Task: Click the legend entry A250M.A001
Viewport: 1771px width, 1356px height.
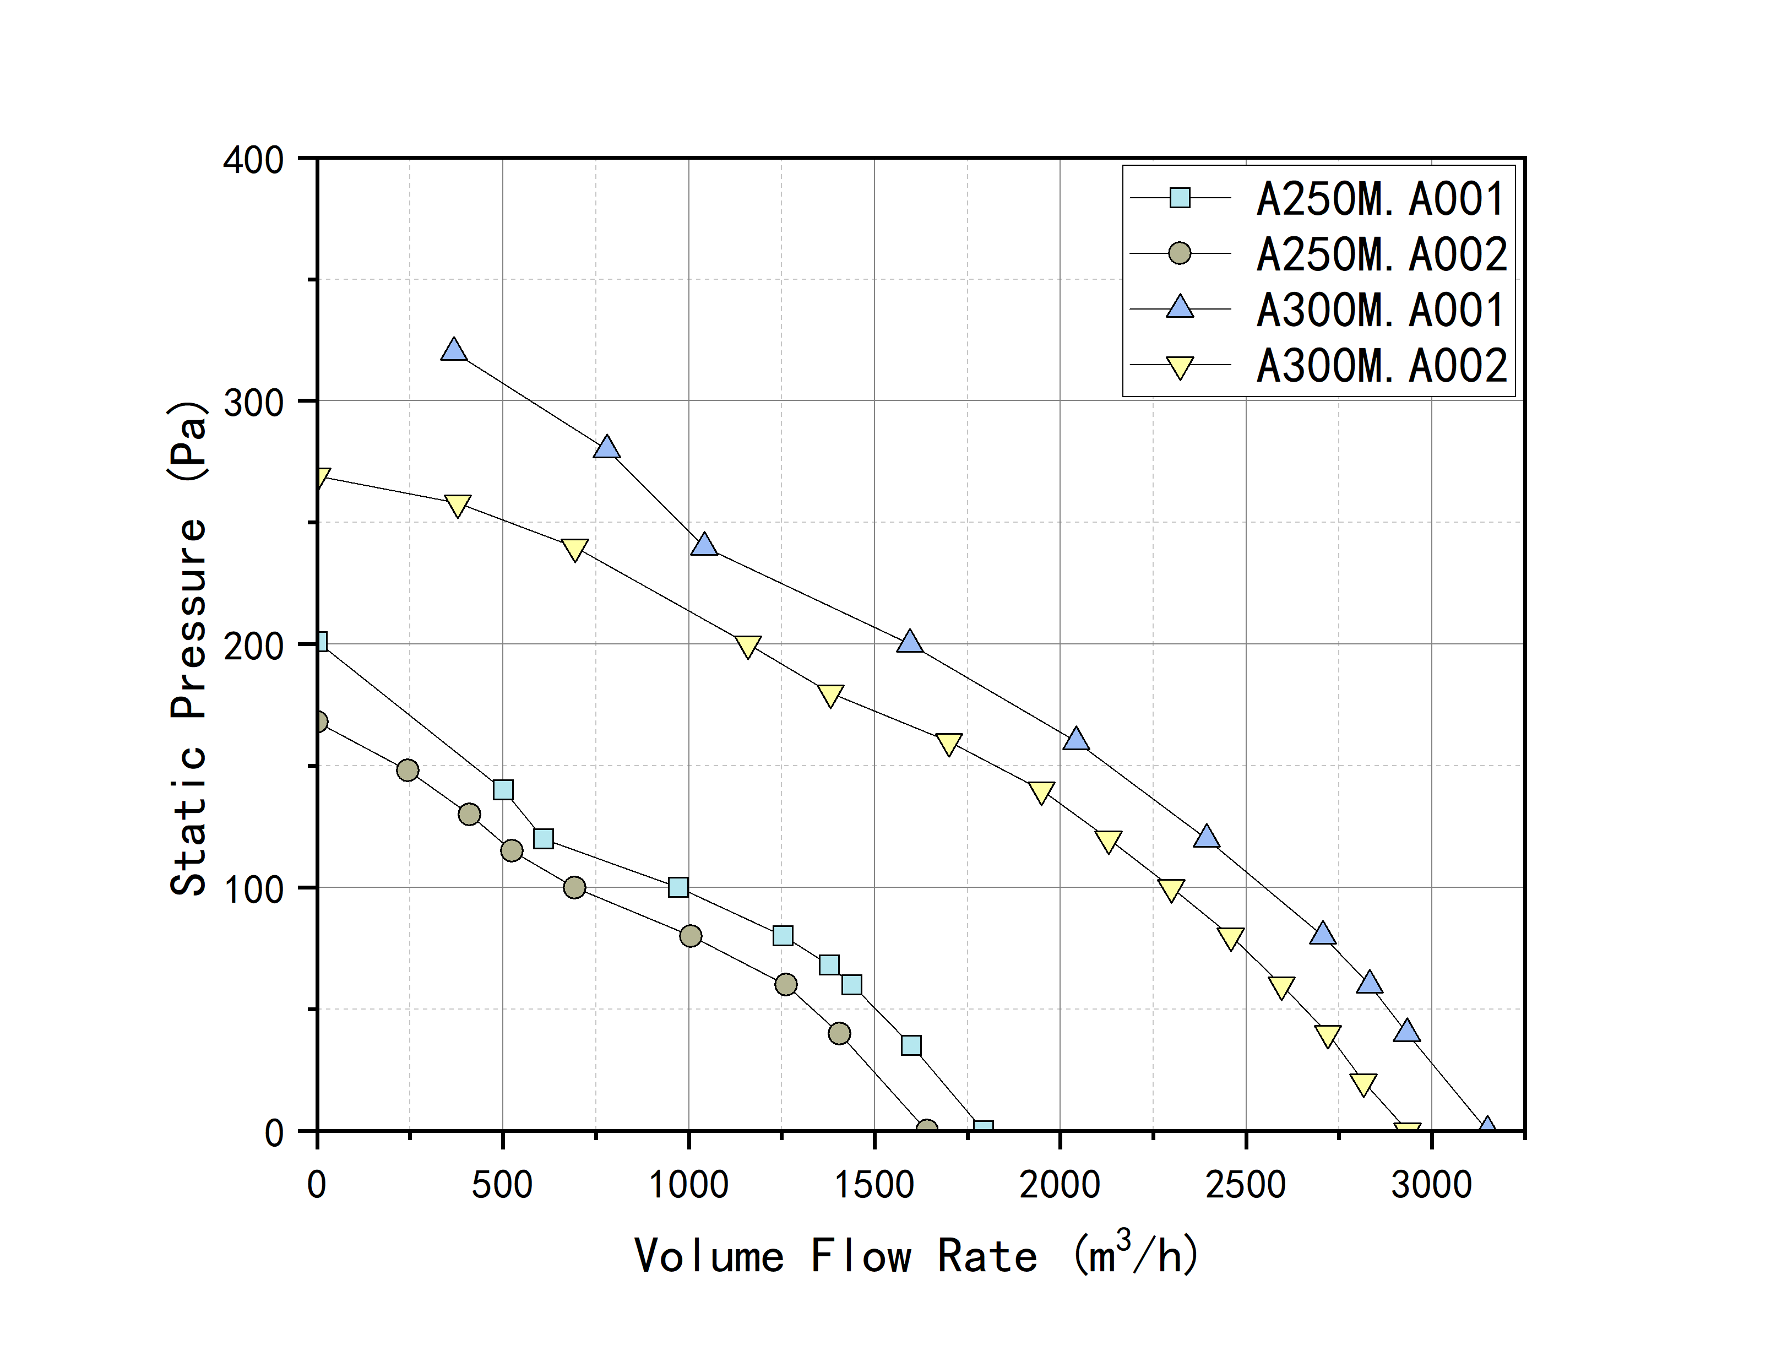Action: [1379, 199]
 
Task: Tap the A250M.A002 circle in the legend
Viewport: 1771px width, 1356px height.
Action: [1180, 253]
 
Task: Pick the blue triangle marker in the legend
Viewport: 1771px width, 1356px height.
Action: [1180, 307]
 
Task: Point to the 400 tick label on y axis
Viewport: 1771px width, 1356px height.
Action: [253, 160]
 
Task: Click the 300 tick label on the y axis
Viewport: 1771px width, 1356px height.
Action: [253, 402]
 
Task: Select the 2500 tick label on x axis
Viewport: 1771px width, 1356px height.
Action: [1246, 1185]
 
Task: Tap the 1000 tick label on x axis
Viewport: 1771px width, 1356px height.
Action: [688, 1185]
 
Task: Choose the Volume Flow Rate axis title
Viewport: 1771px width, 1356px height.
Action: [916, 1256]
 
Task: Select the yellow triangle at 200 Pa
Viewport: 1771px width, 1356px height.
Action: [748, 647]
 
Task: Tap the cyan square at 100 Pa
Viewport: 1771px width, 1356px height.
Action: [678, 887]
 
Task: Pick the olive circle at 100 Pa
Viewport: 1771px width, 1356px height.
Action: [574, 887]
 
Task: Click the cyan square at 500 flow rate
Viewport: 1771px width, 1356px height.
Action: [503, 789]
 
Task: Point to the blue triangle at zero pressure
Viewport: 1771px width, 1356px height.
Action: [1487, 1127]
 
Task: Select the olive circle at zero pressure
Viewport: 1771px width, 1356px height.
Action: [927, 1129]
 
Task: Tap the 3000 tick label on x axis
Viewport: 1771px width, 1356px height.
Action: [1431, 1185]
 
